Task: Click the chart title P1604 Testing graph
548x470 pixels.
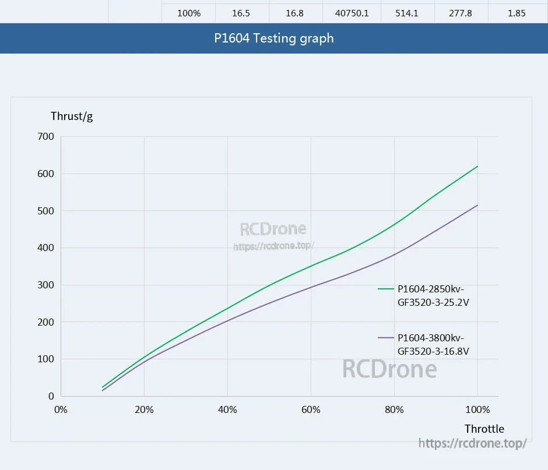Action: click(x=274, y=38)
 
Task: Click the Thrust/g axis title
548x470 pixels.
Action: click(x=72, y=116)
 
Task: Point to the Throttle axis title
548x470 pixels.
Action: click(x=484, y=429)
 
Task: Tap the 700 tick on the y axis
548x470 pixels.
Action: click(x=46, y=136)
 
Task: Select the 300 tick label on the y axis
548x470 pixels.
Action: click(x=46, y=285)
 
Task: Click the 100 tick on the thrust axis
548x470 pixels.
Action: click(x=46, y=359)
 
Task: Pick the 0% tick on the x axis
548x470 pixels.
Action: click(x=61, y=409)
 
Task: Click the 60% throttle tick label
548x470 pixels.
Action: click(x=311, y=409)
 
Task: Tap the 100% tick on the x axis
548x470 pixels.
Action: click(x=477, y=409)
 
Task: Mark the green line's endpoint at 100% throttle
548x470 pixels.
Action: click(x=477, y=166)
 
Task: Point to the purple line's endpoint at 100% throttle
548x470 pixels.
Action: click(x=477, y=205)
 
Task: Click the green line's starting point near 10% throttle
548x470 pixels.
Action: click(x=103, y=387)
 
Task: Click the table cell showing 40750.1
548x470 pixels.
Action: click(x=353, y=13)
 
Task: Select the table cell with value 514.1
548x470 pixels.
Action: click(x=407, y=13)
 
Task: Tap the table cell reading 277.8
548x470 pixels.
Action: click(x=461, y=13)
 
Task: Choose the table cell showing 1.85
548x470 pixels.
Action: click(x=517, y=13)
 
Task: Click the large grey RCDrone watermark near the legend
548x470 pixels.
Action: click(x=389, y=369)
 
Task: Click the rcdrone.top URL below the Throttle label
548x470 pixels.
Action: click(x=472, y=443)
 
